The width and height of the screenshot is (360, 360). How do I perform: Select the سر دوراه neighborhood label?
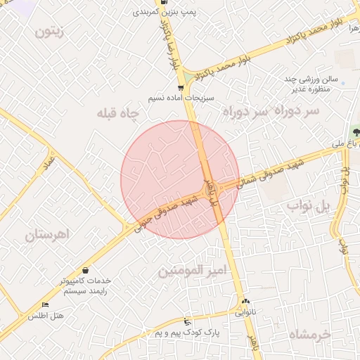coord(271,111)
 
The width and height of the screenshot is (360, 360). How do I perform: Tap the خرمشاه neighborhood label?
coord(310,335)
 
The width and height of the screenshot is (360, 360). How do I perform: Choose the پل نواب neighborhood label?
coord(308,205)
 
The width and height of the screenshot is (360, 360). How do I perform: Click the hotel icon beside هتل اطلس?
coord(46,305)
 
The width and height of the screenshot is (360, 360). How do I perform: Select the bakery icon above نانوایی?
coord(245,301)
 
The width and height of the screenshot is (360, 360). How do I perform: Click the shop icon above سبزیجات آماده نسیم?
coord(181,88)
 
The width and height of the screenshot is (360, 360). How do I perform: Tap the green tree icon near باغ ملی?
coord(354,131)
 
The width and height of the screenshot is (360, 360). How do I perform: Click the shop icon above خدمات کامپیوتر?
coord(85,270)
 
